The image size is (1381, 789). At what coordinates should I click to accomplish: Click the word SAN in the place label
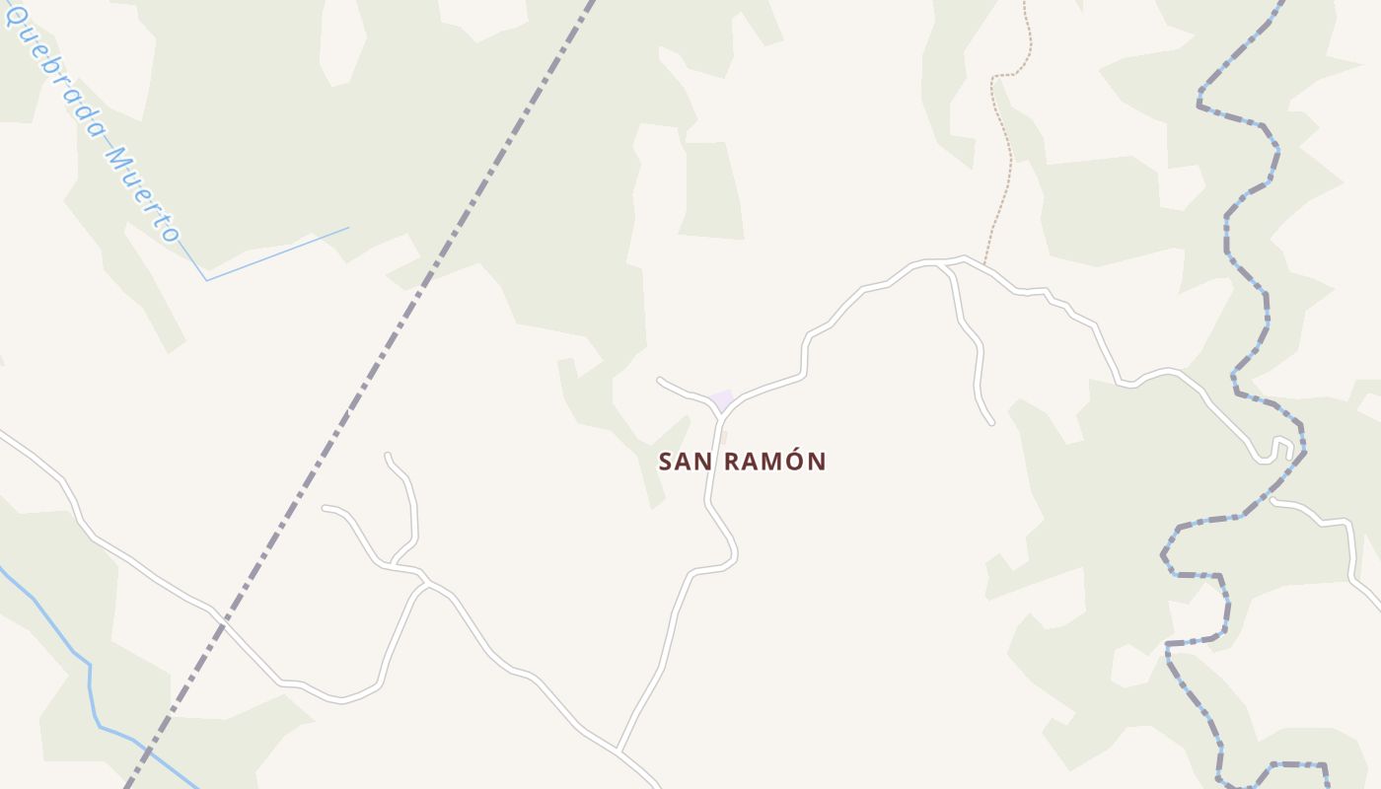tap(687, 462)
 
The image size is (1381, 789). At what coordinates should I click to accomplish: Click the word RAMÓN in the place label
tap(775, 462)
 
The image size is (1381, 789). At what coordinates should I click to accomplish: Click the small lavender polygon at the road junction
tap(722, 400)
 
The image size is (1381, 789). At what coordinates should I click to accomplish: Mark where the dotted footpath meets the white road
tap(983, 264)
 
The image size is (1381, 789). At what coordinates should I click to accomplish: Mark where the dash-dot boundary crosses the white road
tap(221, 623)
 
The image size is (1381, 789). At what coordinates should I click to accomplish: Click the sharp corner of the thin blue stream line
tap(206, 280)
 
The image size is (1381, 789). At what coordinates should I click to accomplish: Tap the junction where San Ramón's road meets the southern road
tap(618, 750)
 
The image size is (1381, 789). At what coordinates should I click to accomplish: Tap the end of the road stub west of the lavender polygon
tap(659, 379)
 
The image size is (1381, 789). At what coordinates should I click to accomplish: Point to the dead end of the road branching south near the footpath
tap(991, 424)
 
